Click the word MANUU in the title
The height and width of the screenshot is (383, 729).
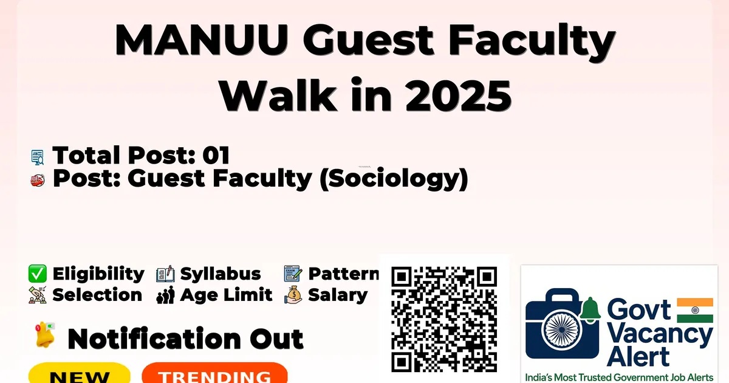tap(202, 40)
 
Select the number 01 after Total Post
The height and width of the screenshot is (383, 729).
tap(216, 155)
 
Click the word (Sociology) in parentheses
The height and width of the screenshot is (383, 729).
tap(394, 179)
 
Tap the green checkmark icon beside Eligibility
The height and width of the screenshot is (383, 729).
tap(38, 274)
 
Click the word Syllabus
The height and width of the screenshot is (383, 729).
tap(221, 274)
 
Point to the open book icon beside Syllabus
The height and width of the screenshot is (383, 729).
tap(165, 274)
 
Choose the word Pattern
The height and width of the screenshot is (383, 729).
tap(344, 274)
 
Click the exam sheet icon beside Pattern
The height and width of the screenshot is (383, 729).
tap(293, 274)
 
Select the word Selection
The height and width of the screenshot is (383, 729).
tap(97, 295)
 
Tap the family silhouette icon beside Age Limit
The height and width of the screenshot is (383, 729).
tap(165, 295)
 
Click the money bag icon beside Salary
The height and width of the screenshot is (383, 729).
tap(293, 295)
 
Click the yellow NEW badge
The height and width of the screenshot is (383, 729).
tap(80, 374)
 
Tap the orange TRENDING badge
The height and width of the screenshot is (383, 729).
tap(215, 374)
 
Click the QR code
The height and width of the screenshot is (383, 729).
tap(444, 319)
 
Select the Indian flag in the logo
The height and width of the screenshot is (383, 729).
tap(695, 310)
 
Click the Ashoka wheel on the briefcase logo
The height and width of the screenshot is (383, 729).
tap(562, 330)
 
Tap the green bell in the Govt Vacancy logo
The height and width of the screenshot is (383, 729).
tap(590, 309)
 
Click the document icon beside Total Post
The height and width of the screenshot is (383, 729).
tap(38, 157)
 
